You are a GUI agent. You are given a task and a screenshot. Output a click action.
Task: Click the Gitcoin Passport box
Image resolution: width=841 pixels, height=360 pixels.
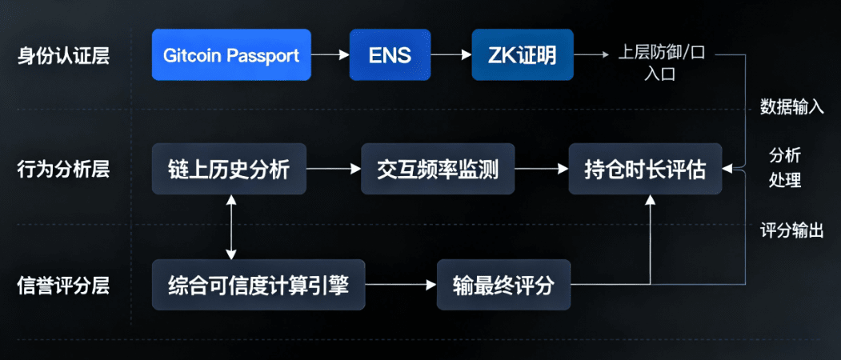click(231, 55)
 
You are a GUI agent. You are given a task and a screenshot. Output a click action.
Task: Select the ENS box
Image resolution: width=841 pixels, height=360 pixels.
click(390, 55)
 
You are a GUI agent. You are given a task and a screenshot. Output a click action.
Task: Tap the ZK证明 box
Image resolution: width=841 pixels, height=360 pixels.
click(522, 55)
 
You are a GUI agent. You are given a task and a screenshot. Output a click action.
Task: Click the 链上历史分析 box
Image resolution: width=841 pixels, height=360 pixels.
click(230, 169)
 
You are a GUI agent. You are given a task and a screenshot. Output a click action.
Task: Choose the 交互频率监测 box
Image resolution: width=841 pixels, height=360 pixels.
click(437, 169)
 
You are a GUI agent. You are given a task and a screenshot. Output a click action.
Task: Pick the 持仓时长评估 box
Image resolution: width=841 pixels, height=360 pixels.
click(645, 169)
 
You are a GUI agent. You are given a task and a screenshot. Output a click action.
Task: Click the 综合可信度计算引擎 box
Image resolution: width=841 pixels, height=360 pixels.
click(258, 284)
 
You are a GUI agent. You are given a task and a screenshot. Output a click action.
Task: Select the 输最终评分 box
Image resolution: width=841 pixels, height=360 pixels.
click(503, 285)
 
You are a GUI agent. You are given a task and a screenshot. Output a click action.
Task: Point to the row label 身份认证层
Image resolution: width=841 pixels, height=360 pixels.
click(63, 56)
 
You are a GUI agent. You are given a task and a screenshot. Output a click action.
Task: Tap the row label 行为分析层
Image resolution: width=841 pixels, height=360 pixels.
click(63, 169)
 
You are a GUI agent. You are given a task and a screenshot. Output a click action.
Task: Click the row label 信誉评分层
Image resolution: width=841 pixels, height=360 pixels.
click(63, 285)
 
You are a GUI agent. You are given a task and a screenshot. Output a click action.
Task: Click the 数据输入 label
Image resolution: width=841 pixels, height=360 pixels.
click(791, 107)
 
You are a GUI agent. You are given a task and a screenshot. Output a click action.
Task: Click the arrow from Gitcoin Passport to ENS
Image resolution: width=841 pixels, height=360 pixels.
click(330, 55)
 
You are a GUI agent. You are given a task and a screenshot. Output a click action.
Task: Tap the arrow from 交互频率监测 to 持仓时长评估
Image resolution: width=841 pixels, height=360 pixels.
click(540, 169)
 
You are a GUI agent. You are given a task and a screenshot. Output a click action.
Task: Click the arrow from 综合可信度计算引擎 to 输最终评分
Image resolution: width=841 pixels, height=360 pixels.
click(401, 285)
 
